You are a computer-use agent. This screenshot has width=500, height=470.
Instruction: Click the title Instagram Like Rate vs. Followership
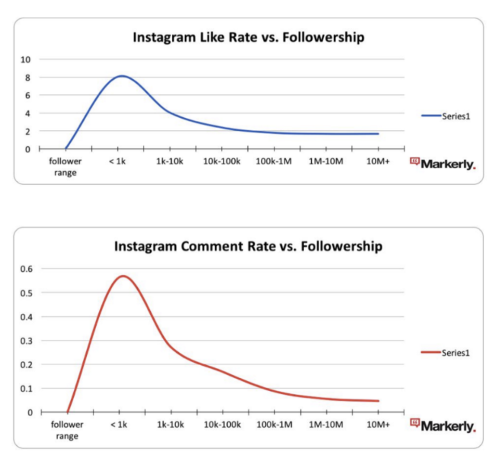click(248, 38)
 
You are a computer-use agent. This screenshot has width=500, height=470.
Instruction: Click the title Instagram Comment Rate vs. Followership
click(248, 246)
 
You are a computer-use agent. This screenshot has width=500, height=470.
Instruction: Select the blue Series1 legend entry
click(445, 116)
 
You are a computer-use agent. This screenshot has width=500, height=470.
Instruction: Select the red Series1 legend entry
click(445, 353)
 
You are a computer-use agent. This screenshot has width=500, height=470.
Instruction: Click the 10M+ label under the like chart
click(378, 162)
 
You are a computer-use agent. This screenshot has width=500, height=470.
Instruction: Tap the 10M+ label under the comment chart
click(378, 425)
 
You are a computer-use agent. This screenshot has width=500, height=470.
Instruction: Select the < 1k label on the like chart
click(118, 162)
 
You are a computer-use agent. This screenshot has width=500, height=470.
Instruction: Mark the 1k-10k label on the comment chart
click(170, 425)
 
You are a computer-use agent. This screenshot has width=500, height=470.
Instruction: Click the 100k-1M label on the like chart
click(274, 162)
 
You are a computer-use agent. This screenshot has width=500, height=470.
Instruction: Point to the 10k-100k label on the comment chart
click(222, 425)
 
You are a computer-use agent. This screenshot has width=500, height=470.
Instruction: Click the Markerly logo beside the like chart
click(443, 164)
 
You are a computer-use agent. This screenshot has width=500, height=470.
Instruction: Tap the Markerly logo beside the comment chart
click(443, 426)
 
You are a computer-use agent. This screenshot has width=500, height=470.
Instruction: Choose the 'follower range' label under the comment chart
click(67, 430)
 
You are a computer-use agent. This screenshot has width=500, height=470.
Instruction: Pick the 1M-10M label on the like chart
click(326, 162)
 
